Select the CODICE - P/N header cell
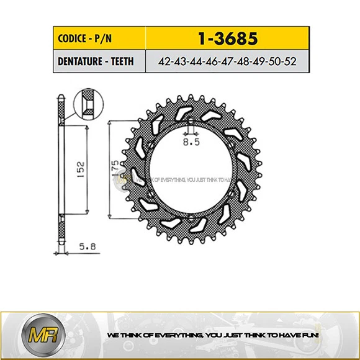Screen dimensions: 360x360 pyautogui.click(x=96, y=37)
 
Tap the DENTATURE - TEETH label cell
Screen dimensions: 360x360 pyautogui.click(x=96, y=61)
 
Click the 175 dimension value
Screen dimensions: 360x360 pyautogui.click(x=115, y=169)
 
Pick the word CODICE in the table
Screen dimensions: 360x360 pyautogui.click(x=71, y=37)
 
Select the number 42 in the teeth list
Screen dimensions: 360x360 pyautogui.click(x=165, y=61)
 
